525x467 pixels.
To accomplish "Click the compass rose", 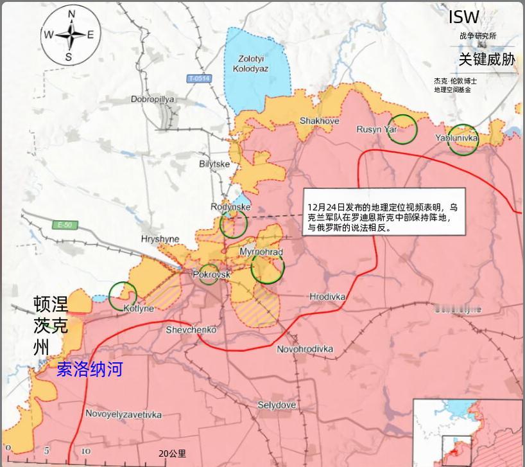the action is pos(69,36).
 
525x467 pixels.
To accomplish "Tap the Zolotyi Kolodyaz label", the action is pos(250,64).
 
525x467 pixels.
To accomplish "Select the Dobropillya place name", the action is pos(152,100).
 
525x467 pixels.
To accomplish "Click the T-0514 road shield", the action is pos(199,78).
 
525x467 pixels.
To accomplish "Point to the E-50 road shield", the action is pos(65,225).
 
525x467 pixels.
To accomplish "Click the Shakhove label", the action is pos(319,121).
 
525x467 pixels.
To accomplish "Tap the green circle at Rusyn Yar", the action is pos(402,129).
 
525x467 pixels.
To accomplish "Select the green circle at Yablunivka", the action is pos(463,139).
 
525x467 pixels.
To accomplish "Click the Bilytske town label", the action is pos(214,164).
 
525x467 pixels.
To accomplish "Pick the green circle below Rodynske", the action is pos(234,224).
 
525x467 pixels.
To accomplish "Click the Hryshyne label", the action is pos(160,240).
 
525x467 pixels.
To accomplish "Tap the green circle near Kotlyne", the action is pos(123,296).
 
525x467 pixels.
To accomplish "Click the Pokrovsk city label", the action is pos(211,274).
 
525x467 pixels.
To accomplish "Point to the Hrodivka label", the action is pos(327,297).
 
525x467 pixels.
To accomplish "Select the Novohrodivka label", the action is pos(305,349).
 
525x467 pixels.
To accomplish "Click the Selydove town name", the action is pos(277,405).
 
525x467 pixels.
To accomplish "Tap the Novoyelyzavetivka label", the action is pos(123,414).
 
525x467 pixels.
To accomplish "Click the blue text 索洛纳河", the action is pos(89,369).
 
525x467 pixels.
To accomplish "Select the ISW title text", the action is pos(463,17).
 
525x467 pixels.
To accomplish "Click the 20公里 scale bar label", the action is pos(172,454).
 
